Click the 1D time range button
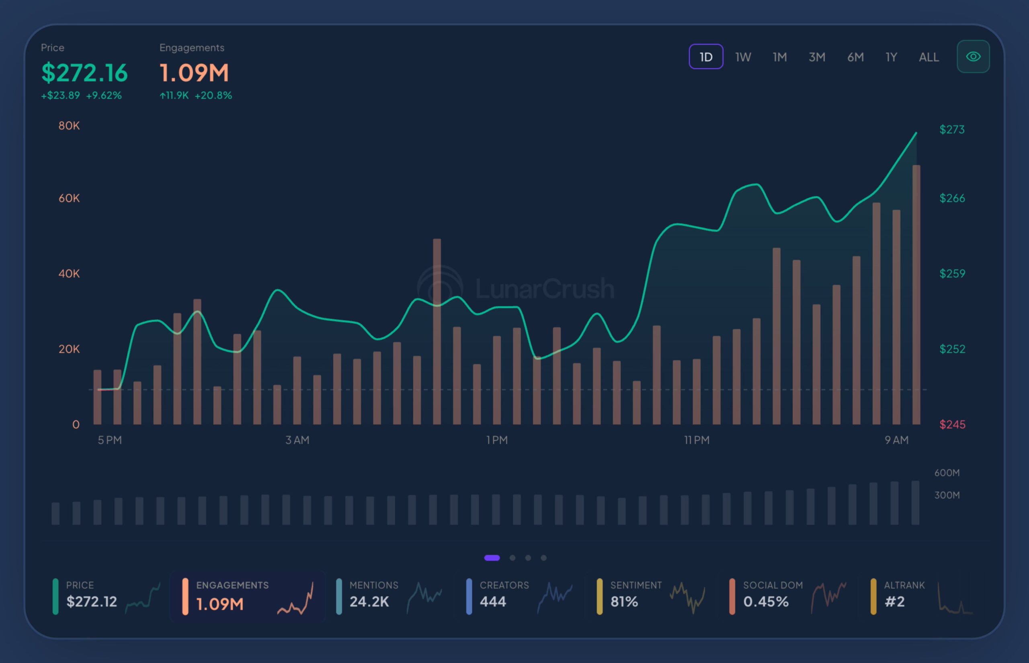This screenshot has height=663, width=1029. click(x=706, y=57)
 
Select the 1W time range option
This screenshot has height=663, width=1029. click(x=743, y=57)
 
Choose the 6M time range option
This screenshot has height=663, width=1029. click(x=855, y=57)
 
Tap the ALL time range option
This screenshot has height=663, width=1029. click(x=929, y=57)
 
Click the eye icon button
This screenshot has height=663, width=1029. click(x=973, y=56)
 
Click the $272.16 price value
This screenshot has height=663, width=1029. click(x=84, y=73)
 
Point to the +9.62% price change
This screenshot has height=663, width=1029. click(x=104, y=96)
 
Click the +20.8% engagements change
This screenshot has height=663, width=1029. click(x=213, y=96)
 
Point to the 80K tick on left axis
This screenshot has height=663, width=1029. click(x=69, y=126)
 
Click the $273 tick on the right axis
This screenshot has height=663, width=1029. click(x=952, y=130)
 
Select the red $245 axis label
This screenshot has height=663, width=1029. click(x=952, y=424)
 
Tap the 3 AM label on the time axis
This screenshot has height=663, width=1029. click(x=297, y=440)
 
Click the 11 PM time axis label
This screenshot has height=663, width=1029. click(x=697, y=440)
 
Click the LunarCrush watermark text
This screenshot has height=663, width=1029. click(x=545, y=288)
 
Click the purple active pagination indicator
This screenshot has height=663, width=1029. click(x=492, y=557)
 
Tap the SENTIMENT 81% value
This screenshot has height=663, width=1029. click(x=624, y=602)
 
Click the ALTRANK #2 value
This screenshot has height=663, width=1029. click(x=895, y=602)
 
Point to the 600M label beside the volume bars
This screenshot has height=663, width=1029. click(x=947, y=473)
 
